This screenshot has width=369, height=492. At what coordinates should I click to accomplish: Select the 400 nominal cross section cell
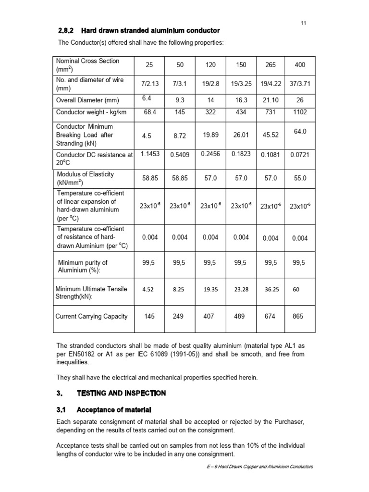click(300, 65)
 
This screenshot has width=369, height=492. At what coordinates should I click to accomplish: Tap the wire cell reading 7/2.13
click(150, 84)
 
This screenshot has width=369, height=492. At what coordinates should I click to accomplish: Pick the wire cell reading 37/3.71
click(300, 84)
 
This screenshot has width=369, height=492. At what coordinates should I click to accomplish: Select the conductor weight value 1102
click(300, 112)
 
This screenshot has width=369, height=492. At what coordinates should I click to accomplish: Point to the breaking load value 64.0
click(300, 131)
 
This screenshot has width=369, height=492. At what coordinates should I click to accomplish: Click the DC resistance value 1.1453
click(149, 154)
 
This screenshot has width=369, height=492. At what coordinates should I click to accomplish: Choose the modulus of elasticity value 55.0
click(300, 178)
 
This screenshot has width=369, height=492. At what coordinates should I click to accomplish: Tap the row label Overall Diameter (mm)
click(87, 100)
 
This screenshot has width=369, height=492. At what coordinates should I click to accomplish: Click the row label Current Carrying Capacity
click(92, 316)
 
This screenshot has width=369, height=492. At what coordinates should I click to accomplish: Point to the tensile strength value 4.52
click(148, 290)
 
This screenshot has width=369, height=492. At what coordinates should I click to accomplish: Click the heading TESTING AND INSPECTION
click(121, 393)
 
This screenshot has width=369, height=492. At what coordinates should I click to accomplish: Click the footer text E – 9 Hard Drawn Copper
click(258, 467)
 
